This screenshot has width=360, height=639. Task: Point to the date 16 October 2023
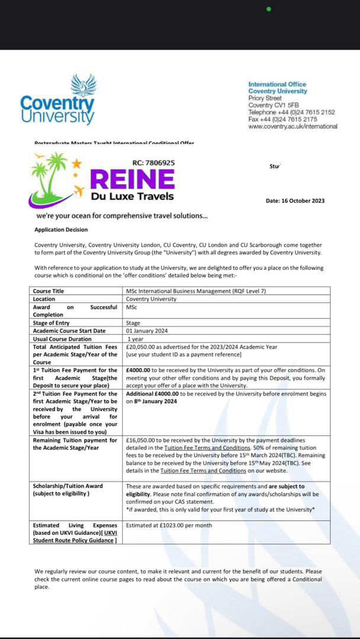pyautogui.click(x=295, y=201)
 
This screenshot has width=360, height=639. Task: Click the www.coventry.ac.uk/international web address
pyautogui.click(x=292, y=126)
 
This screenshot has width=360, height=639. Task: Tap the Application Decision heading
pyautogui.click(x=60, y=230)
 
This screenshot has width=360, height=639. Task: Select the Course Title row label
pyautogui.click(x=49, y=291)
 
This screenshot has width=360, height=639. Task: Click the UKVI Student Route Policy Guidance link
pyautogui.click(x=75, y=540)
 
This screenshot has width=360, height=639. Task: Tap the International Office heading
pyautogui.click(x=277, y=85)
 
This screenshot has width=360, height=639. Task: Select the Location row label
pyautogui.click(x=44, y=299)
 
